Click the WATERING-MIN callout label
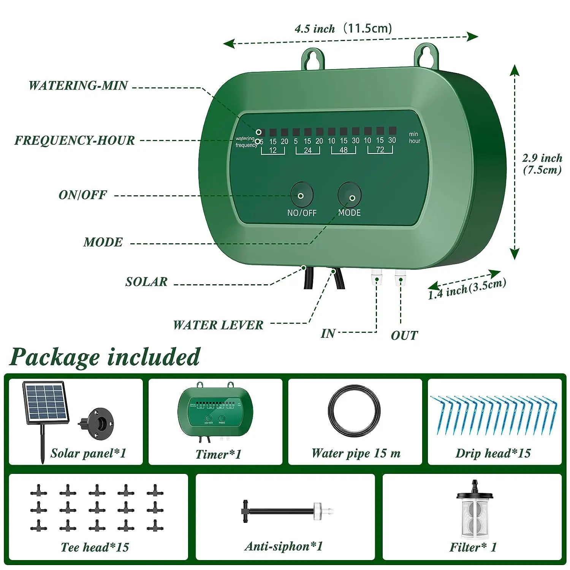click(78, 85)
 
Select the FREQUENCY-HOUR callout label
click(74, 140)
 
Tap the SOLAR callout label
click(146, 282)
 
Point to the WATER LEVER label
click(218, 325)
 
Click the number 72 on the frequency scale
click(380, 150)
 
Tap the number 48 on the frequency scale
click(344, 150)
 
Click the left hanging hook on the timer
click(313, 59)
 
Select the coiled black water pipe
click(354, 411)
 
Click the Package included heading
click(104, 357)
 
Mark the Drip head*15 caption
click(493, 453)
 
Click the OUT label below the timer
click(404, 336)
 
